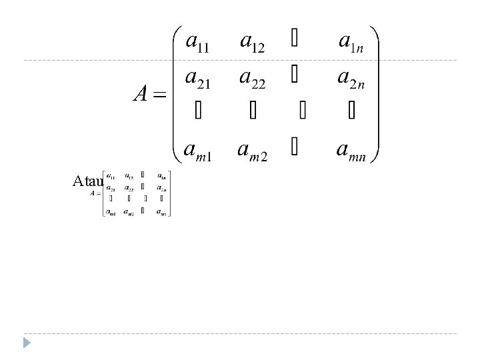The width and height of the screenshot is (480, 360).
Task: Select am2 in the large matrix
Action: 253,149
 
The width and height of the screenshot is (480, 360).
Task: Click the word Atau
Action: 88,181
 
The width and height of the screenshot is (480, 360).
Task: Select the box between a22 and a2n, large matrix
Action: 294,77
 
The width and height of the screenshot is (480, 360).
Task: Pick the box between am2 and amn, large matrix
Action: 294,147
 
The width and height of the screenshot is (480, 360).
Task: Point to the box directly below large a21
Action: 197,111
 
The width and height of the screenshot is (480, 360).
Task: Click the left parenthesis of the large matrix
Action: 177,93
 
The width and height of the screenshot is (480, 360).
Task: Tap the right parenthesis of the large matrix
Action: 375,93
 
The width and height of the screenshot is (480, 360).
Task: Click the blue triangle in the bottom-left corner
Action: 27,343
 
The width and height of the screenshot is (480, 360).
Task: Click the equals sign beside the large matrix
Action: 158,95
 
